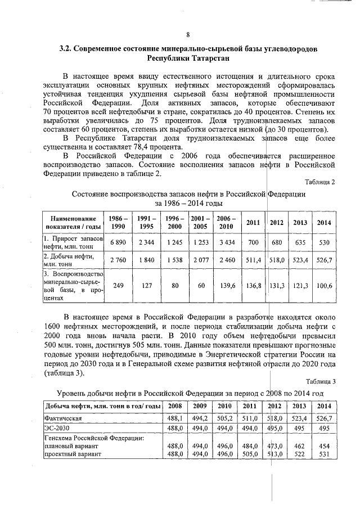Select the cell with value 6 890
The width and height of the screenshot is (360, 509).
[x=118, y=242]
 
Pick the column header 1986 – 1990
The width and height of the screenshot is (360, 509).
[x=118, y=222]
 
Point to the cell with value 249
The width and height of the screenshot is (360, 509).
[x=118, y=286]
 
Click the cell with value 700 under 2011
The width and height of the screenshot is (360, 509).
[x=253, y=242]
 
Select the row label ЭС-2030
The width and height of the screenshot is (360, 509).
[x=55, y=429]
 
